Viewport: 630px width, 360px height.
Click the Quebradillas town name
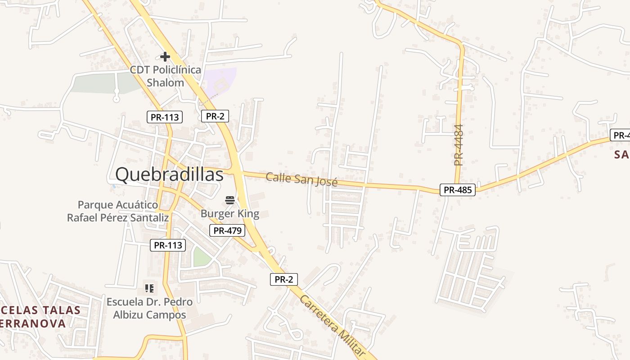pos(169,175)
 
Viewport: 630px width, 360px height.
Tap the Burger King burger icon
pos(230,200)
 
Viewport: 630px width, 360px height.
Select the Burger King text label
pos(230,213)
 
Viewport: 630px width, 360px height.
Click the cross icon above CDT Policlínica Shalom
pos(165,57)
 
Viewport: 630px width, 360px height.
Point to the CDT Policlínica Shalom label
pos(166,76)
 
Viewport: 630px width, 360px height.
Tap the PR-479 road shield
pos(228,231)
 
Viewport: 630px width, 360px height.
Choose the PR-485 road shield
pos(457,190)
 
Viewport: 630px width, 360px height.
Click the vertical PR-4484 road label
pos(459,145)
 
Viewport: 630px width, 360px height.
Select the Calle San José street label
pos(301,179)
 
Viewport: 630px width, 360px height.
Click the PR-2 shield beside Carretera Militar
pos(284,279)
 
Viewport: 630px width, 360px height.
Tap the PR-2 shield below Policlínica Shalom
pos(215,116)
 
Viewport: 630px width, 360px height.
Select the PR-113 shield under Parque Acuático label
pos(168,245)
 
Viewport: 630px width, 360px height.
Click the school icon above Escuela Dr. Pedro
pos(149,288)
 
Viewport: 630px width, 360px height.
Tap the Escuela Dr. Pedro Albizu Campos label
pos(149,308)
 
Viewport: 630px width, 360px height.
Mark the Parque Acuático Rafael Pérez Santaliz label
pos(118,211)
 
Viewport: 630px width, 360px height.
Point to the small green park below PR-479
pos(201,257)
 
